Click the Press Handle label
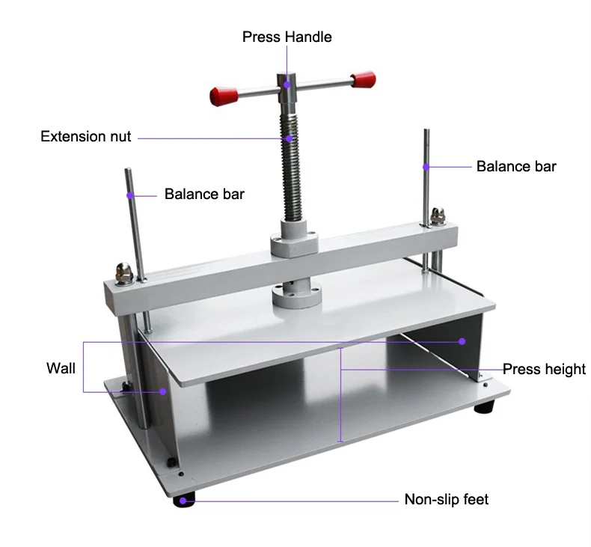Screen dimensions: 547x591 tap(287, 37)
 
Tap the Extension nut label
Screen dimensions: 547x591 tap(85, 136)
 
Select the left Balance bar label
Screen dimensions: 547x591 tap(204, 195)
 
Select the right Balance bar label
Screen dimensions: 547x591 tap(516, 166)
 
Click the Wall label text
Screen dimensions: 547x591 tap(61, 368)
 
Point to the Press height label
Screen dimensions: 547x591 tap(544, 369)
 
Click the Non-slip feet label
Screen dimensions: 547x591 tap(446, 499)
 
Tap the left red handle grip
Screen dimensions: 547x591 tap(222, 96)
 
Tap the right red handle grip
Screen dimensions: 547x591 tap(362, 79)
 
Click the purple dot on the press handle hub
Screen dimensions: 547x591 tap(287, 85)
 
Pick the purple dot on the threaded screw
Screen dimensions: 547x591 tap(289, 138)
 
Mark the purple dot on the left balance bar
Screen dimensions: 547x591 tap(130, 195)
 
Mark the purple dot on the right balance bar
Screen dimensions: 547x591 tap(426, 166)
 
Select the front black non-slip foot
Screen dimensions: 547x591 tap(186, 500)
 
